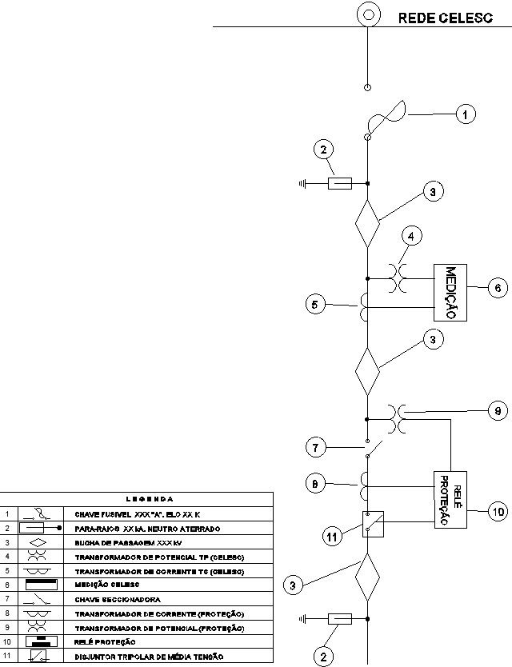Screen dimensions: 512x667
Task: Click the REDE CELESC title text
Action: click(x=445, y=18)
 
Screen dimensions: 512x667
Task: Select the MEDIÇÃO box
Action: click(x=451, y=293)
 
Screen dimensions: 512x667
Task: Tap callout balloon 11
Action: click(x=330, y=537)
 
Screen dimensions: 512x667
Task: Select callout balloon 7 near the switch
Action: click(x=317, y=448)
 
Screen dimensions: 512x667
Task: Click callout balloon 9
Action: click(x=497, y=412)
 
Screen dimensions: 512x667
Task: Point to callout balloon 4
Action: click(x=410, y=238)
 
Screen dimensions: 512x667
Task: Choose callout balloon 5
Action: click(x=316, y=304)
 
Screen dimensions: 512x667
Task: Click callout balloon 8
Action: click(x=317, y=482)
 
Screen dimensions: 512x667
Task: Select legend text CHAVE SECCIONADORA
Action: click(x=118, y=598)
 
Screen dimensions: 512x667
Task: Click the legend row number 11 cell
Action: click(x=7, y=656)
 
